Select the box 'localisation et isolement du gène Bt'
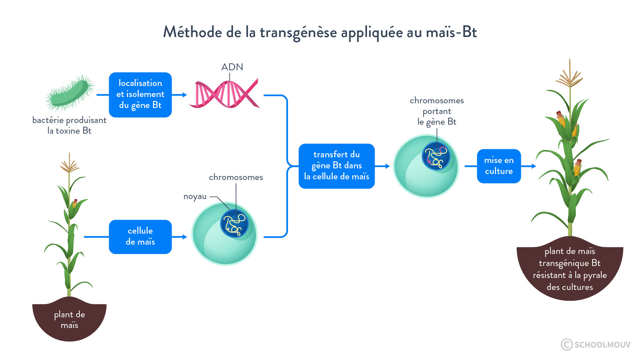point(140,95)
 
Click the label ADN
point(232,67)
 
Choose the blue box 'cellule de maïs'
point(140,236)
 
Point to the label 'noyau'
point(195,197)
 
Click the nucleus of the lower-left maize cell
point(234,223)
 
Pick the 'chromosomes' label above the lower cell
point(236,177)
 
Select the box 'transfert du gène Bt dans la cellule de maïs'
point(336,166)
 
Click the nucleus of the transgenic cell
point(436,156)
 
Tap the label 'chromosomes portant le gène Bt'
point(436,111)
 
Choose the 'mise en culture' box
point(499,166)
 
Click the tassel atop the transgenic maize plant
point(569,75)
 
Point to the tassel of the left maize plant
point(69,164)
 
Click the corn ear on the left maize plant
point(75,203)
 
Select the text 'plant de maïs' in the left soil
point(69,319)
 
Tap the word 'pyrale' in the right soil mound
point(595,275)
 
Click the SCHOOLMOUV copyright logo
point(595,344)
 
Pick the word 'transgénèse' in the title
point(298,32)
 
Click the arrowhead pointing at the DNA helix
point(184,95)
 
